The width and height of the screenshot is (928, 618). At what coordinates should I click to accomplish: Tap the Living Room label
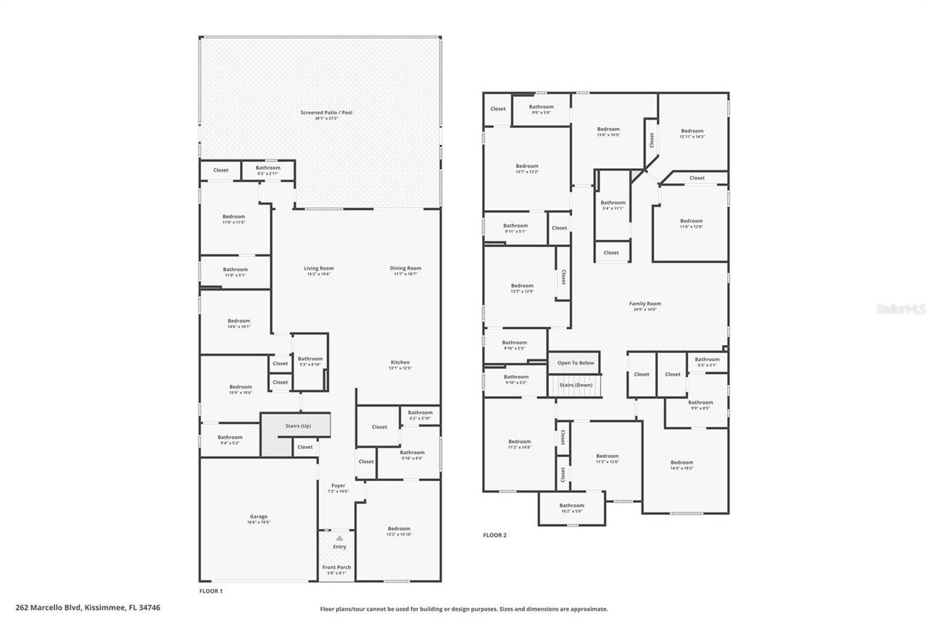(318, 269)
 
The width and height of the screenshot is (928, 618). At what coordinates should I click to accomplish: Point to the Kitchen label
(400, 363)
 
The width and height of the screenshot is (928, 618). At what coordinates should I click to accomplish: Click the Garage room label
(258, 517)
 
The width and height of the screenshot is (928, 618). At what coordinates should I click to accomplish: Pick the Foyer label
(338, 486)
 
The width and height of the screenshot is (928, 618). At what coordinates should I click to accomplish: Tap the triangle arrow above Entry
(339, 538)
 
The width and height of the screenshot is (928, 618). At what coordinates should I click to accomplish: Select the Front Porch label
(336, 568)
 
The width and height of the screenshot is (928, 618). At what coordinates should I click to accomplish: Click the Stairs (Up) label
(297, 426)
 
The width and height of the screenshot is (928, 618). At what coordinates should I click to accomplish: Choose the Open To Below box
(576, 363)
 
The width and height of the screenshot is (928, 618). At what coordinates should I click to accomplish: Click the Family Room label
(645, 304)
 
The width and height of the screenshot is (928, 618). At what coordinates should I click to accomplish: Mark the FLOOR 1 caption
(211, 591)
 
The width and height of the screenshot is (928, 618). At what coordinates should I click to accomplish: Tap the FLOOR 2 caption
(495, 535)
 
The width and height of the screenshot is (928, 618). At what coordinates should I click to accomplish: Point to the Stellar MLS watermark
(900, 309)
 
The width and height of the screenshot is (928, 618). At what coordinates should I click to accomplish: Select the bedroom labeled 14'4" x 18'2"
(681, 463)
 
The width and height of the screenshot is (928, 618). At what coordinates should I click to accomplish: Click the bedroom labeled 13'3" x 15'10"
(399, 529)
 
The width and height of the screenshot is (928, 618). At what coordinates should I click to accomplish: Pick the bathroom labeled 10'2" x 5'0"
(571, 506)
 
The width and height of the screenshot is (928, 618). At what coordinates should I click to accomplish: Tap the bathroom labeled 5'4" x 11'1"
(613, 203)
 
